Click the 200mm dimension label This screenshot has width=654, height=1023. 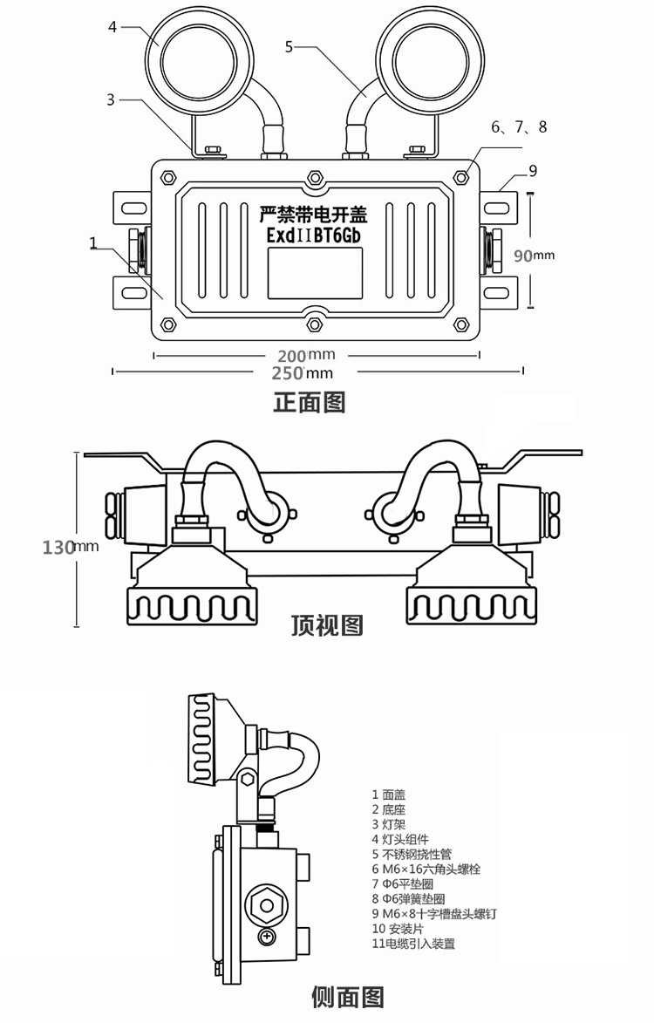pyautogui.click(x=306, y=356)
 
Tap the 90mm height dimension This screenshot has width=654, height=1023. pyautogui.click(x=534, y=256)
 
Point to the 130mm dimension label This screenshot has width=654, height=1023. pyautogui.click(x=70, y=548)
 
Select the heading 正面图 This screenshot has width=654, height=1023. pyautogui.click(x=310, y=402)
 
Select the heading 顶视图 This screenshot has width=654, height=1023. pyautogui.click(x=326, y=624)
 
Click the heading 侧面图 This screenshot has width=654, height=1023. pyautogui.click(x=348, y=996)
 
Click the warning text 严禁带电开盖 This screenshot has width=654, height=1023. pyautogui.click(x=314, y=214)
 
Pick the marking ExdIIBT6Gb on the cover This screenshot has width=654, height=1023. pyautogui.click(x=313, y=236)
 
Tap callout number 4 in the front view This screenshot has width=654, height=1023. pyautogui.click(x=112, y=27)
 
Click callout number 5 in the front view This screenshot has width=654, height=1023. pyautogui.click(x=290, y=45)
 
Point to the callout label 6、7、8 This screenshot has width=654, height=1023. pyautogui.click(x=519, y=127)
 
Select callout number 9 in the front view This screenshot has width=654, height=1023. pyautogui.click(x=533, y=170)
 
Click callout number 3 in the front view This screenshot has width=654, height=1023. pyautogui.click(x=111, y=99)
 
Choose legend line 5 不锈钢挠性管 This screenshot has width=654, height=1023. pyautogui.click(x=412, y=854)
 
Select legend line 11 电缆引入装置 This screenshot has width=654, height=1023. pyautogui.click(x=413, y=943)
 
